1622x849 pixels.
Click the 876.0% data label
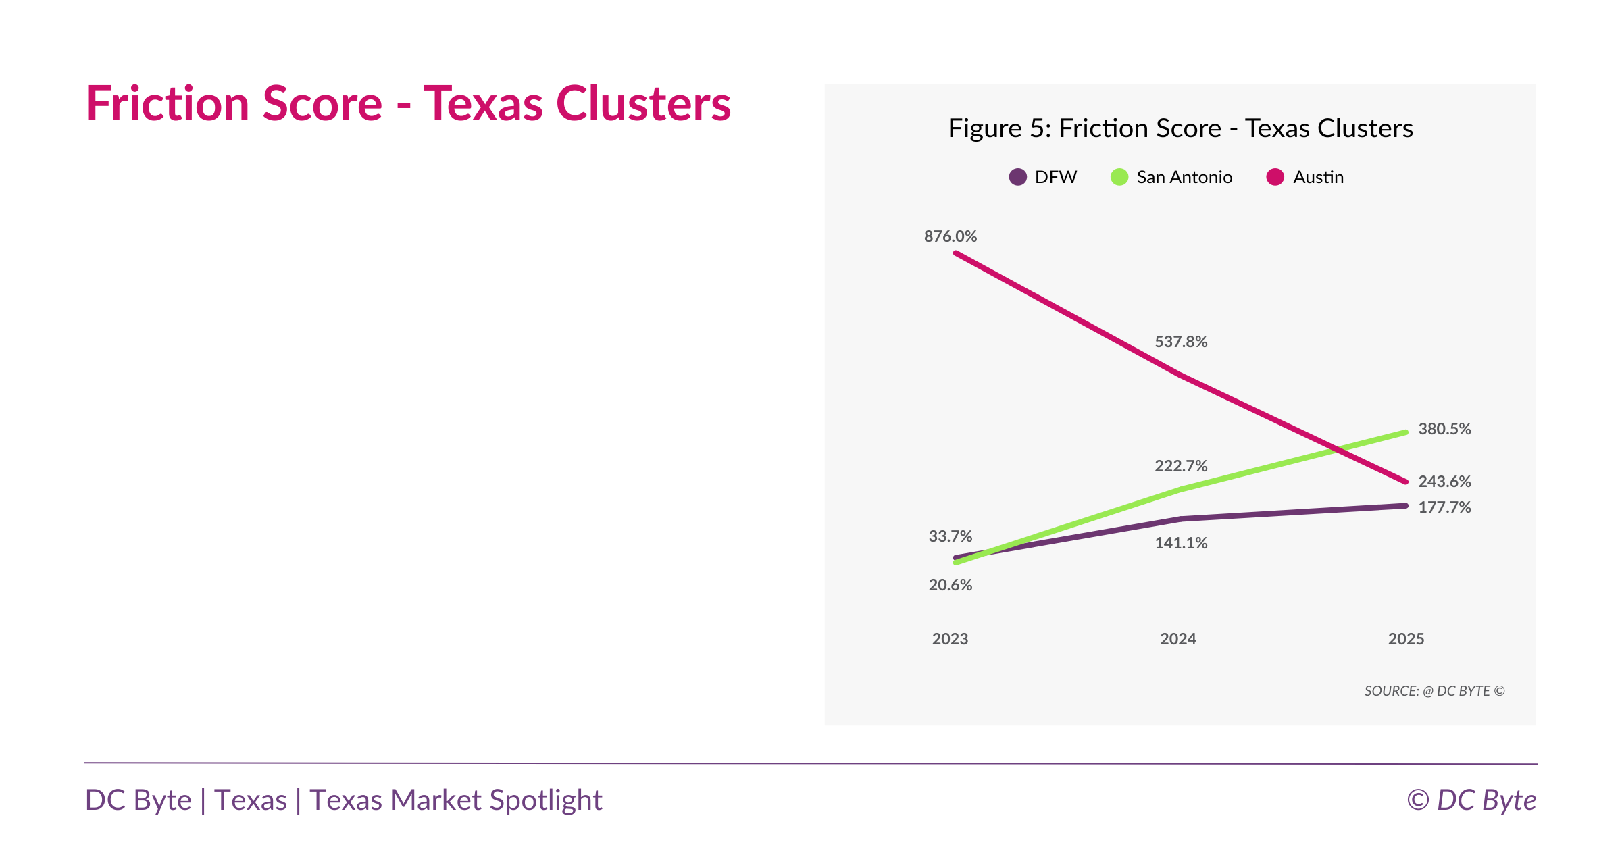[x=950, y=236]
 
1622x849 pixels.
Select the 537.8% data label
[x=1180, y=342]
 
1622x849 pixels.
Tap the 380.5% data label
[x=1444, y=429]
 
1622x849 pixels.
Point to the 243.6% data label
[x=1444, y=482]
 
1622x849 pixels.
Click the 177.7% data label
[x=1444, y=507]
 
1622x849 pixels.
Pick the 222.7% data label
[x=1180, y=466]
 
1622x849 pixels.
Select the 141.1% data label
[x=1180, y=543]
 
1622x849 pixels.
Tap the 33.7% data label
[x=950, y=536]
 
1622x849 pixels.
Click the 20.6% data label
[x=950, y=585]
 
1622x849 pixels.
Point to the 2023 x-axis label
[x=950, y=639]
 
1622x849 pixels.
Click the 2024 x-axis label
[x=1177, y=639]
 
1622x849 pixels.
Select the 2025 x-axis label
[x=1406, y=639]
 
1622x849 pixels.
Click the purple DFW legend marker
[x=1017, y=177]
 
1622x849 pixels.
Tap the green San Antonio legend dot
[x=1119, y=177]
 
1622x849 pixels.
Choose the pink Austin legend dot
[x=1275, y=177]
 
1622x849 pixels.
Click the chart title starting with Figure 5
[x=1180, y=128]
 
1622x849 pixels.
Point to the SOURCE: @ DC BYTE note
[x=1434, y=691]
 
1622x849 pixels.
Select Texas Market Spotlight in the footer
[x=456, y=800]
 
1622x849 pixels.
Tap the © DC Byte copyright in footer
[x=1471, y=800]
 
